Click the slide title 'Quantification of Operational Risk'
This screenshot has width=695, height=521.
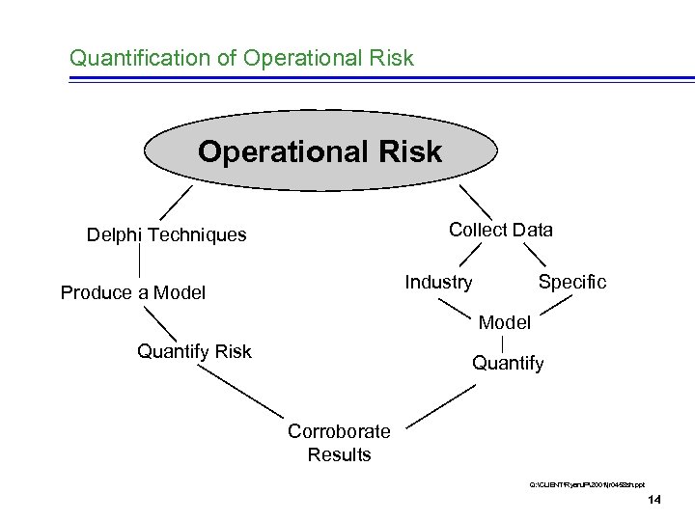241,58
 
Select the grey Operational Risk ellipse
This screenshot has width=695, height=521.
320,152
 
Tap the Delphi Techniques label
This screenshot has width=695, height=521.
166,234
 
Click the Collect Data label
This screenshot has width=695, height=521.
501,230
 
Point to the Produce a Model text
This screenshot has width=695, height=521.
133,292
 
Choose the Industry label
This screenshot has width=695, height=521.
439,282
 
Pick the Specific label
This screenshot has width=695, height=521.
572,282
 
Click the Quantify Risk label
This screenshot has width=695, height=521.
194,351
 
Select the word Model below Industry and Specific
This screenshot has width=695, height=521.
505,322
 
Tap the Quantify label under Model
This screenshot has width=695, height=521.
508,363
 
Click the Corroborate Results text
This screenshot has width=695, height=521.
339,443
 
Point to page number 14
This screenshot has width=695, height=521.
654,500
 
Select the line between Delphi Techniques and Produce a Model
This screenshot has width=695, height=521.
141,263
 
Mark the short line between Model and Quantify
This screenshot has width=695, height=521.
505,343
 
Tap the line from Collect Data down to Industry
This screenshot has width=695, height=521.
470,254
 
